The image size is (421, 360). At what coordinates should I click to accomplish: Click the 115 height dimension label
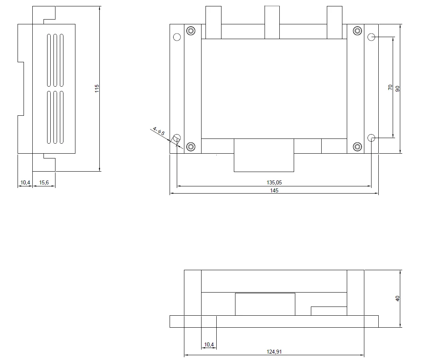[97, 89]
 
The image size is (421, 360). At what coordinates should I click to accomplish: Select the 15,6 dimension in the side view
[44, 182]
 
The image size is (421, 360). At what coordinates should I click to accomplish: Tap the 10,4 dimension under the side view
[25, 182]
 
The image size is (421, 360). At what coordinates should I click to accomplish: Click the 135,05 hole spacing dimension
[274, 182]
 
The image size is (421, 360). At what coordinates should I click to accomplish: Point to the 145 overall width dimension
[274, 191]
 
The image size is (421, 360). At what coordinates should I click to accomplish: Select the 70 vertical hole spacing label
[390, 87]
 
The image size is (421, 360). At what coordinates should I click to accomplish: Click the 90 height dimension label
[397, 89]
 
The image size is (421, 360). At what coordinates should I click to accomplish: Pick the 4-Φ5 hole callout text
[159, 131]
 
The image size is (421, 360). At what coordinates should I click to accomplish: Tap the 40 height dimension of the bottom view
[397, 299]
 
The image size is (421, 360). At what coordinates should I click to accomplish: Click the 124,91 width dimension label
[274, 352]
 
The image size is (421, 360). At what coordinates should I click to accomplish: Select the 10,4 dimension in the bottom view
[209, 344]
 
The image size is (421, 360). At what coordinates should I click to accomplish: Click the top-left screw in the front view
[191, 31]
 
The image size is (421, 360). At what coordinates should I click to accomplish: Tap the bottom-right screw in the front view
[358, 146]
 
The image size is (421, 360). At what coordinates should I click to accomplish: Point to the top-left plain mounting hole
[177, 37]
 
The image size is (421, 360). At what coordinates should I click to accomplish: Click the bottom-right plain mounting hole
[372, 138]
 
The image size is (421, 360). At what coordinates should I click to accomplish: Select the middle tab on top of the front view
[272, 23]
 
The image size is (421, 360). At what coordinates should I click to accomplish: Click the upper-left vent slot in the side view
[49, 60]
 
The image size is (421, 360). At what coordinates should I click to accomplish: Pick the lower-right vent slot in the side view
[62, 118]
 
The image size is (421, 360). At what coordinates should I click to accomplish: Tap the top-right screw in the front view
[358, 31]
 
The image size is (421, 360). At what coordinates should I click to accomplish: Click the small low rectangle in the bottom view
[329, 311]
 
